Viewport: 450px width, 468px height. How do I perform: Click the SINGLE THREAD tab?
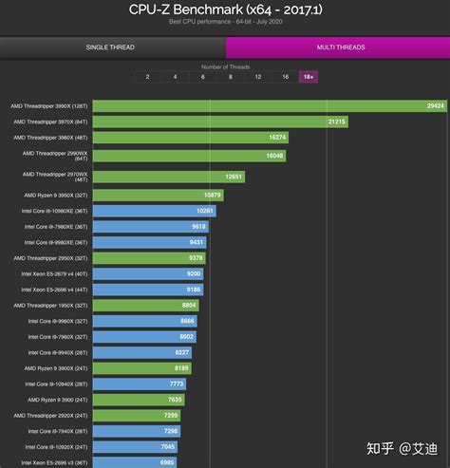tap(110, 47)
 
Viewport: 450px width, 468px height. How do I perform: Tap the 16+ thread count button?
tap(307, 76)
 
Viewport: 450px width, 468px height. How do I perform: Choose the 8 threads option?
tap(231, 76)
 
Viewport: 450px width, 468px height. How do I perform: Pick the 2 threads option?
tap(147, 76)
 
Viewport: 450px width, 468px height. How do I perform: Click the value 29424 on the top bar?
tap(435, 106)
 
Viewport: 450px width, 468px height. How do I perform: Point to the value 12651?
tap(234, 176)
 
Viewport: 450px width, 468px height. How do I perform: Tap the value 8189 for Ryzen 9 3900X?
tap(181, 367)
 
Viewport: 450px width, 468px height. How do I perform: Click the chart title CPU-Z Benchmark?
tap(225, 9)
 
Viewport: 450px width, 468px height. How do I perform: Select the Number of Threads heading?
tap(225, 66)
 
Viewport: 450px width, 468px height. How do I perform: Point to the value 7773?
tap(177, 384)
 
